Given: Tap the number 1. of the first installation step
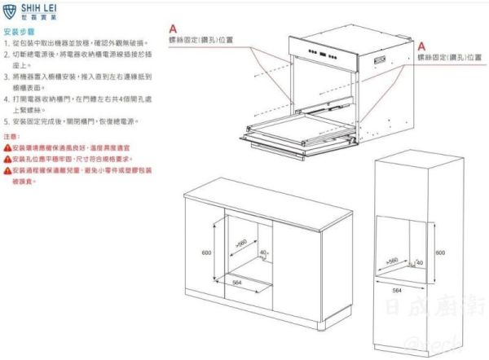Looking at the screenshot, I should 7,42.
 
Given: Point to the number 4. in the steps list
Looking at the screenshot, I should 7,95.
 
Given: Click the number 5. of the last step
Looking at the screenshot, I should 7,121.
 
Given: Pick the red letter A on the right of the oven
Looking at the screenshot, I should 422,46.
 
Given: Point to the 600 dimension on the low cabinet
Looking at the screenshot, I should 207,252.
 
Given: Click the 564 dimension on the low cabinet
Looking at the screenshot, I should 238,281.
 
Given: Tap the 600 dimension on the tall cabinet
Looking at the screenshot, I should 440,252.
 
